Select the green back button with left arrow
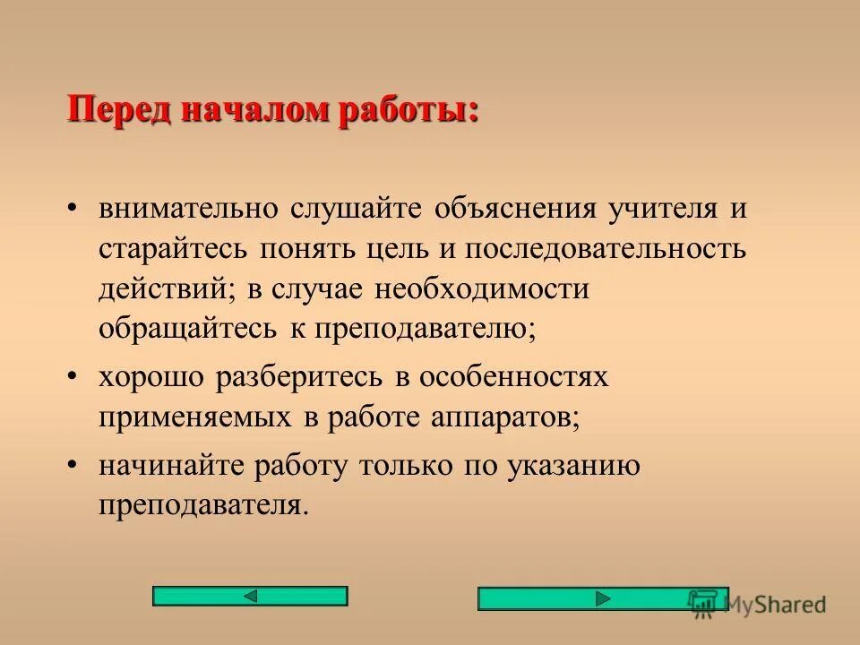point(250,596)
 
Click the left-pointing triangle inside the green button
point(251,596)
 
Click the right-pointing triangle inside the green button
point(604,598)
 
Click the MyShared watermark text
point(775,605)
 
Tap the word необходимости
point(481,288)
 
